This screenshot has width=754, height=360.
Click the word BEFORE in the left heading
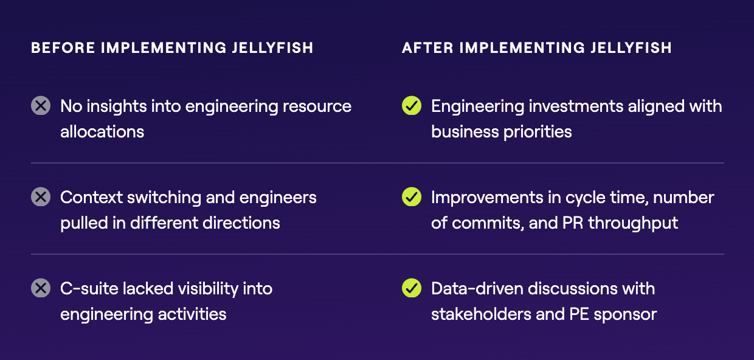pyautogui.click(x=63, y=48)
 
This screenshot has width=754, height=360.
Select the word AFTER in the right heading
pyautogui.click(x=427, y=48)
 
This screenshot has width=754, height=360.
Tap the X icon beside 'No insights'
pyautogui.click(x=41, y=106)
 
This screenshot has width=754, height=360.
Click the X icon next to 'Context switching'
pyautogui.click(x=41, y=196)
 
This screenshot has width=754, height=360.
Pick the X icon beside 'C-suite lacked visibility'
pyautogui.click(x=41, y=288)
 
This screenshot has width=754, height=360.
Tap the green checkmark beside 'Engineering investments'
pyautogui.click(x=411, y=106)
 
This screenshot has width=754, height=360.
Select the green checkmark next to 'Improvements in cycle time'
pyautogui.click(x=411, y=196)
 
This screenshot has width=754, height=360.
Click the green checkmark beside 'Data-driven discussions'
pyautogui.click(x=411, y=288)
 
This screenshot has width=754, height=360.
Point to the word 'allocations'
pyautogui.click(x=102, y=131)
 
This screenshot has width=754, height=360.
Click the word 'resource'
pyautogui.click(x=317, y=107)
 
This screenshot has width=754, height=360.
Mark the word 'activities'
pyautogui.click(x=192, y=314)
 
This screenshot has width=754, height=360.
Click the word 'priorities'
pyautogui.click(x=538, y=132)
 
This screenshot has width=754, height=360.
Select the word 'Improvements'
pyautogui.click(x=487, y=198)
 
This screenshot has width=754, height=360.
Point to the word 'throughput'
pyautogui.click(x=633, y=224)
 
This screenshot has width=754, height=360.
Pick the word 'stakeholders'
pyautogui.click(x=481, y=314)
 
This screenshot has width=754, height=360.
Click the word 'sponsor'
pyautogui.click(x=625, y=315)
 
